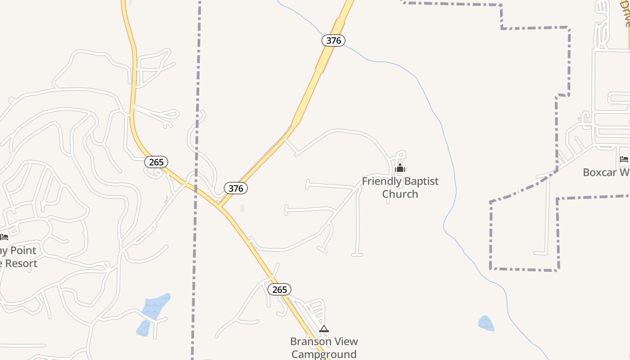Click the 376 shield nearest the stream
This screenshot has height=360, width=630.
333,40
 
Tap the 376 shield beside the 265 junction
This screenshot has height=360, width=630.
236,188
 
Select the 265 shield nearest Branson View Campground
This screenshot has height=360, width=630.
279,289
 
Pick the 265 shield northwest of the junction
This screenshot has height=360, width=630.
156,162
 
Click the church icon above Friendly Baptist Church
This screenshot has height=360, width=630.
400,168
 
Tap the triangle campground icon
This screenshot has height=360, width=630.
324,329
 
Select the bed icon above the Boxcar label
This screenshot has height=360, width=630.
624,159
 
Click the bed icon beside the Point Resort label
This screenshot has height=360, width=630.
4,237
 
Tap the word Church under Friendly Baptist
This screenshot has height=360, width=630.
400,194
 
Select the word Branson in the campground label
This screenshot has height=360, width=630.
311,342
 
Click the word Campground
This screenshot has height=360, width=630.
324,354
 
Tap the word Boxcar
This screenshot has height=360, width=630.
601,172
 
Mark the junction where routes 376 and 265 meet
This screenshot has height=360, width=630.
220,207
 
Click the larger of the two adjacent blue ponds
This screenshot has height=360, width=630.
156,306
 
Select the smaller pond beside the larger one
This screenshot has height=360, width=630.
143,328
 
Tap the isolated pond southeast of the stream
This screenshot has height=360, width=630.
486,324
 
